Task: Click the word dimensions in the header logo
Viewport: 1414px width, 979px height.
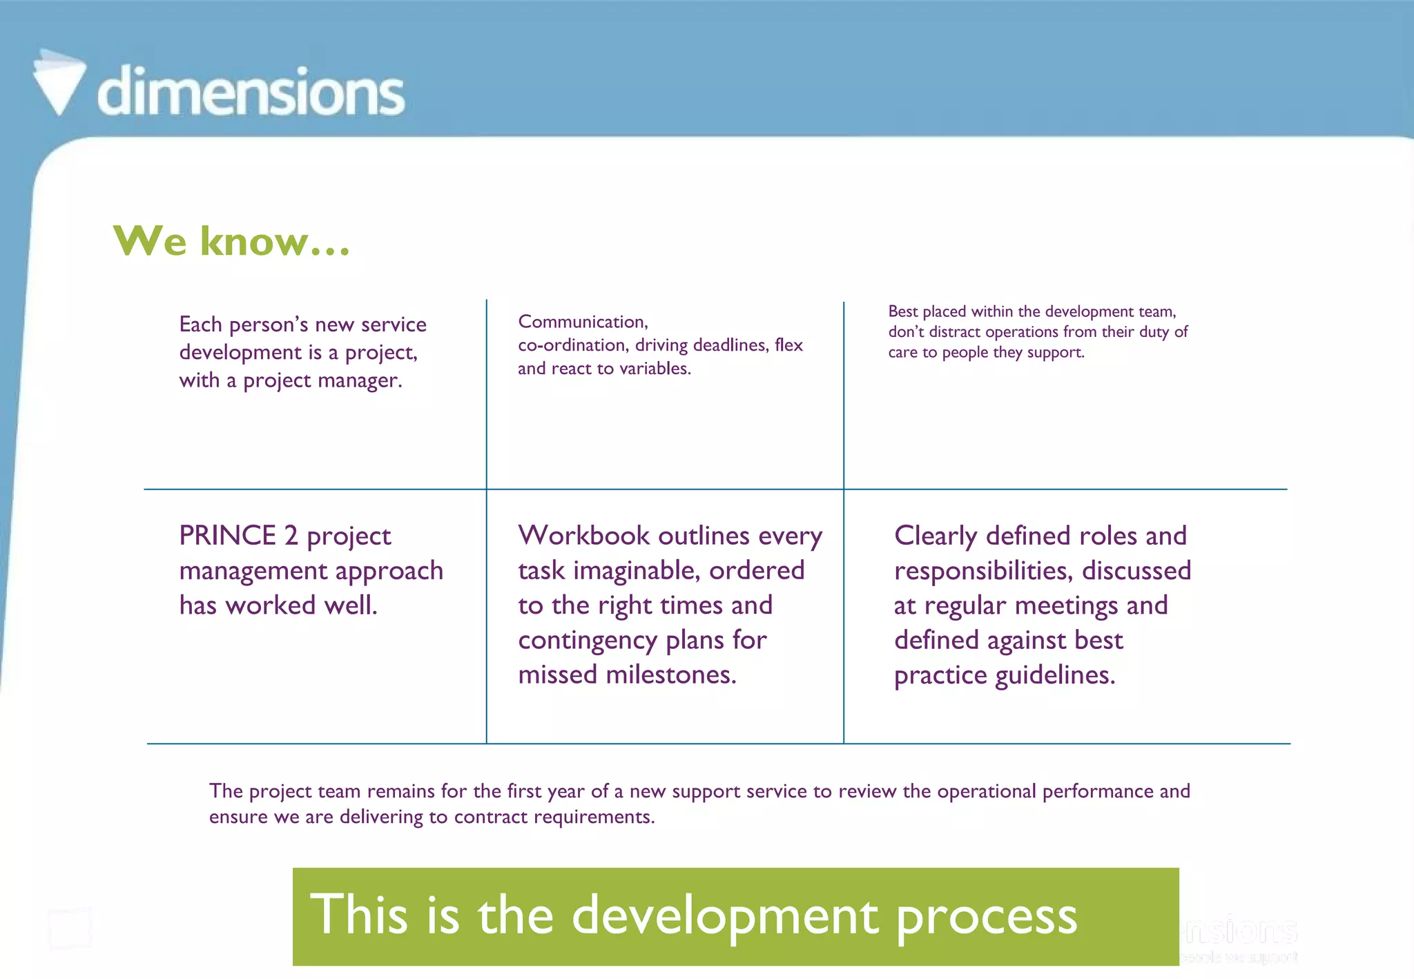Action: (251, 91)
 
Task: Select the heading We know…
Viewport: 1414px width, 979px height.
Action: (232, 241)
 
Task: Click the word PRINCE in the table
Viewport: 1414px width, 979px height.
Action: (228, 536)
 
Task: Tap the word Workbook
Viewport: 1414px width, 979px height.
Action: (584, 536)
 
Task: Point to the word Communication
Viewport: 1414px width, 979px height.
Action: (583, 322)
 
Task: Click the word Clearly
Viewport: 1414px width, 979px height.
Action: (936, 536)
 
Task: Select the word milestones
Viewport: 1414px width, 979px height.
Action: (670, 675)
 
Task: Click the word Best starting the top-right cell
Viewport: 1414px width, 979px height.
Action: (902, 311)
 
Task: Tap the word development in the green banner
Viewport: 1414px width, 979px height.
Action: (725, 916)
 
